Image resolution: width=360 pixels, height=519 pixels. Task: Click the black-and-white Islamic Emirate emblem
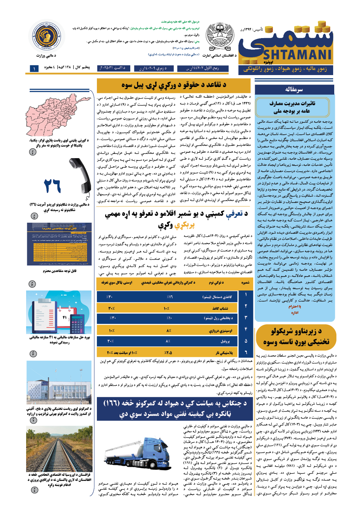[220, 38]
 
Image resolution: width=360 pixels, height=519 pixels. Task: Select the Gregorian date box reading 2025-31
[112, 68]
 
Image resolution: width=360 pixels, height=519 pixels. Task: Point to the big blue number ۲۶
[52, 186]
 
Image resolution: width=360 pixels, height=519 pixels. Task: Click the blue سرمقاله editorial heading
[294, 89]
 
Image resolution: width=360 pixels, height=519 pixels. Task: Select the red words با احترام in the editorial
[295, 307]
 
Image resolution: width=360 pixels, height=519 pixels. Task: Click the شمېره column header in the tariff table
[245, 283]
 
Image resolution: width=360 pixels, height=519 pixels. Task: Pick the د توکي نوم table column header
[217, 283]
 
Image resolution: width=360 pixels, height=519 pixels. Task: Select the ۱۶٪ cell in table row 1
[169, 297]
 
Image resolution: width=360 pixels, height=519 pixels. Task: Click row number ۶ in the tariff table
[246, 352]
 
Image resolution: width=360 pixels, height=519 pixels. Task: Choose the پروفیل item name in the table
[225, 341]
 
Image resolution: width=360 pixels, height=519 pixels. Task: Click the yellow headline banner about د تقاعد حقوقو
[174, 86]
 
